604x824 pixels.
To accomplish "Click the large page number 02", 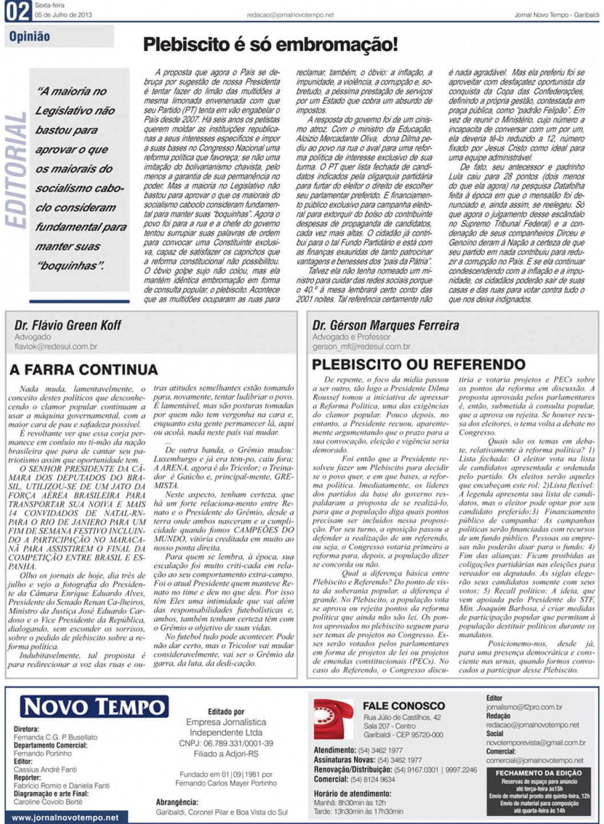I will [18, 11].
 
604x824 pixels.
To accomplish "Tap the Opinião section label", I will [30, 37].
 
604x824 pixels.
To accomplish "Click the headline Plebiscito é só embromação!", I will [270, 45].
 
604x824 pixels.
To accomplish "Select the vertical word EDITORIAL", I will [15, 170].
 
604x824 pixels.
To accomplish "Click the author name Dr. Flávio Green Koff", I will [68, 325].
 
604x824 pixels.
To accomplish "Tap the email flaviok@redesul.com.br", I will [56, 347].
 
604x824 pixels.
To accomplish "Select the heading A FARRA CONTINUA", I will [83, 369].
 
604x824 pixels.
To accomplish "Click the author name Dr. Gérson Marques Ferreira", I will [385, 325].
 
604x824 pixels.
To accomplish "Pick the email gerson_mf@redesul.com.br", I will [361, 347].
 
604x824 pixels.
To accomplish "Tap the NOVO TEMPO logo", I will [94, 707].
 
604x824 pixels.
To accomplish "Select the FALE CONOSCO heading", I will [404, 706].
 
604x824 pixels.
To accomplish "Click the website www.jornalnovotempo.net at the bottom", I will [65, 817].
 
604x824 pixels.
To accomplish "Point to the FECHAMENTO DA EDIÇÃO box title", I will [538, 773].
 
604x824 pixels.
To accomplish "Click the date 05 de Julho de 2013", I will [63, 15].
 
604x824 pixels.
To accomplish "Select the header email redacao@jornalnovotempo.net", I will [290, 15].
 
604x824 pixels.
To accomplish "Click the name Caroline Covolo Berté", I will [48, 802].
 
